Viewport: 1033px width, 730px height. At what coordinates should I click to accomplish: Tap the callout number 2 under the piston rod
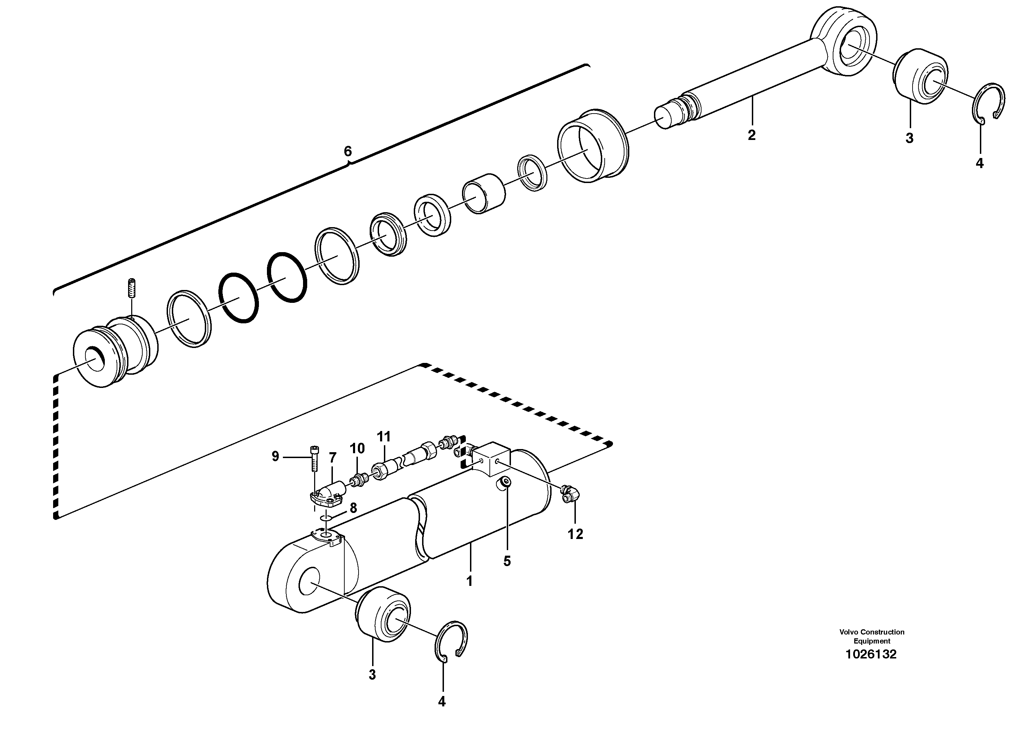point(751,135)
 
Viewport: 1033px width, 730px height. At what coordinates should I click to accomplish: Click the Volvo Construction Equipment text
point(872,636)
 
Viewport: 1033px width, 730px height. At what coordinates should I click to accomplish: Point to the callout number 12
point(575,534)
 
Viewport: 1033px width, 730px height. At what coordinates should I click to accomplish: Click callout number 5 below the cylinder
point(507,561)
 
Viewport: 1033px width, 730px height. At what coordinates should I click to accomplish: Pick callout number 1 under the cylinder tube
point(469,581)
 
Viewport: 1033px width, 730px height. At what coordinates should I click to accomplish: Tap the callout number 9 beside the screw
point(275,457)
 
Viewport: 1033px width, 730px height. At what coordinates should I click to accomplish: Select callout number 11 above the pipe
point(384,437)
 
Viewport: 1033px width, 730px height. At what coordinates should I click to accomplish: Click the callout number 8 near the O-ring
point(353,508)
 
